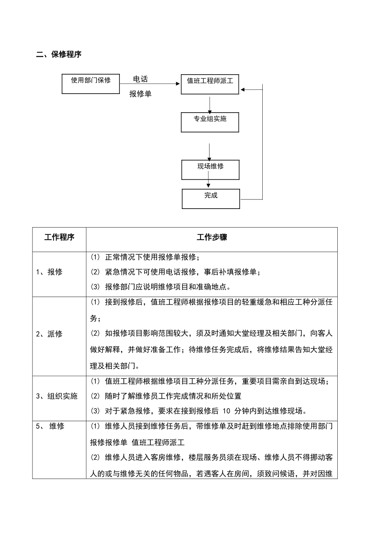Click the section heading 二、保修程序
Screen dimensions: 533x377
(59, 55)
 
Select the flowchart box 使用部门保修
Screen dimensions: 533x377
(90, 84)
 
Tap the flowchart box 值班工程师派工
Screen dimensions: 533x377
(210, 84)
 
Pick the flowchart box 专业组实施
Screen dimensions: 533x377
(210, 122)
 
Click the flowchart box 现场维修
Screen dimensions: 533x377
(210, 170)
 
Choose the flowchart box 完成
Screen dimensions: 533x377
(211, 199)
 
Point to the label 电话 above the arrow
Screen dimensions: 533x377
(140, 79)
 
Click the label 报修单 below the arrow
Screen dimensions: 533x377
(140, 94)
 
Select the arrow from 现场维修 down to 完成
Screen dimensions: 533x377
(208, 184)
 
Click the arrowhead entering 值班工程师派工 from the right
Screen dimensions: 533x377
(243, 90)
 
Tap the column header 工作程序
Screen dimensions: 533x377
(59, 238)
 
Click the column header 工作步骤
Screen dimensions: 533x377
(212, 238)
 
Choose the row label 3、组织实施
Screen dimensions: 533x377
(57, 396)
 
